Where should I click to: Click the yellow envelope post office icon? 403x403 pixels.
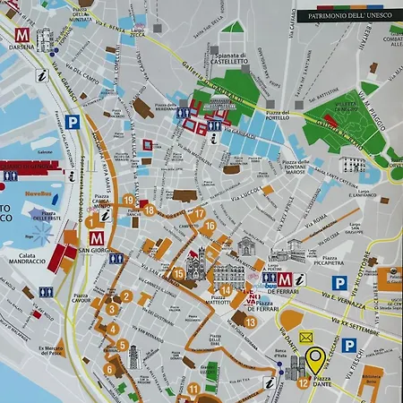307,338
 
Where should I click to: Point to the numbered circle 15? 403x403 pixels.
178,274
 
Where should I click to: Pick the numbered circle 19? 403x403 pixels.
129,200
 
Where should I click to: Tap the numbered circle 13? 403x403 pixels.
250,322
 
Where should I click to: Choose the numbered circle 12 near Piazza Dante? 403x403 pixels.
304,383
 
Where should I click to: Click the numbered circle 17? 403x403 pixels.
199,213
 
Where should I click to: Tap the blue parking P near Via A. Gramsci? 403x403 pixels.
73,119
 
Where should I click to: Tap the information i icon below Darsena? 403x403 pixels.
42,77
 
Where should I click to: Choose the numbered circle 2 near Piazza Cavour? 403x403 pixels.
126,296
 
